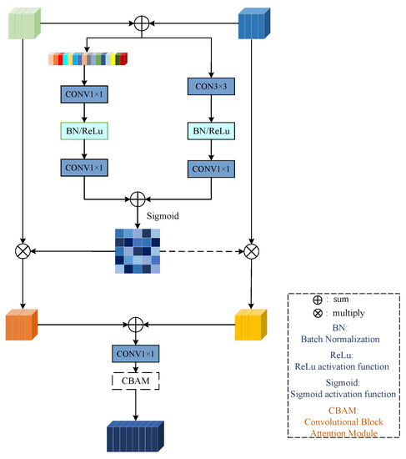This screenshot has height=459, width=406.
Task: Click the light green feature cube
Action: pyautogui.click(x=23, y=23)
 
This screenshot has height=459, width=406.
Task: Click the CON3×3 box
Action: pyautogui.click(x=212, y=94)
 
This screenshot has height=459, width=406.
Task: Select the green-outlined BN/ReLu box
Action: pyautogui.click(x=84, y=130)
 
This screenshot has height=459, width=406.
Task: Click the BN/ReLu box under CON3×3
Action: pyautogui.click(x=212, y=130)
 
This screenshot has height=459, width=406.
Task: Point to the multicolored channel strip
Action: pyautogui.click(x=88, y=59)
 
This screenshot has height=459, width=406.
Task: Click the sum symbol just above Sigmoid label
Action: pyautogui.click(x=138, y=201)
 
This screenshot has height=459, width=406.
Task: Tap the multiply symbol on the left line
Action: pyautogui.click(x=23, y=249)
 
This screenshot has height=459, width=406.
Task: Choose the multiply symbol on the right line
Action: pyautogui.click(x=251, y=249)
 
